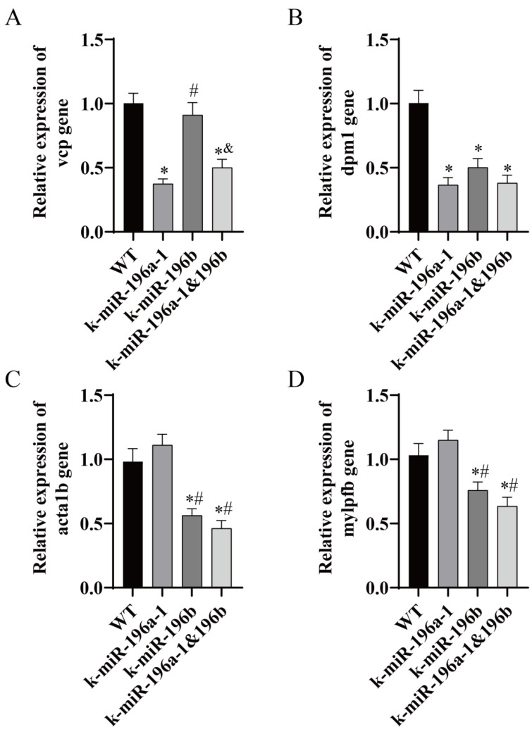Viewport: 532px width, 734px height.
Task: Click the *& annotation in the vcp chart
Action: point(223,153)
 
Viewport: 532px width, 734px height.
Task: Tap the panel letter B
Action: point(297,15)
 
